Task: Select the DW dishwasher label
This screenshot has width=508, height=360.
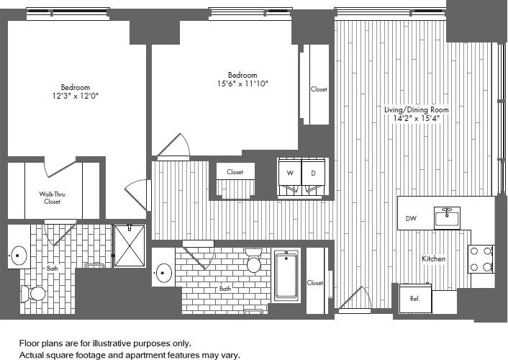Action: point(411,217)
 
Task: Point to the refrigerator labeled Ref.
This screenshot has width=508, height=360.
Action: point(415,297)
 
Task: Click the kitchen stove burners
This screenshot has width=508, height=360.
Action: point(481,259)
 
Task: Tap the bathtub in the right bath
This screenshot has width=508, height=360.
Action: point(286,275)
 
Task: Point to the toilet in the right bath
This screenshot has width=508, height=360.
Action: point(253,262)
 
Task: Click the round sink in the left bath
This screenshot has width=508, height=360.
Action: point(19,256)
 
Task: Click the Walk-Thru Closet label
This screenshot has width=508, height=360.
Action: point(53,197)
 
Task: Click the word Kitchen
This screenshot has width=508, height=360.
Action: point(433,258)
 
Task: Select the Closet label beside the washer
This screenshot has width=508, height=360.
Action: point(235,172)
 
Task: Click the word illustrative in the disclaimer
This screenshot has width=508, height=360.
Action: point(117,343)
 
